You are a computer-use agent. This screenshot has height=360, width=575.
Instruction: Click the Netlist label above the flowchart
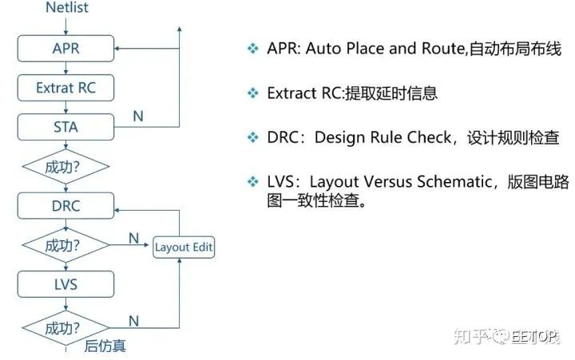pyautogui.click(x=67, y=7)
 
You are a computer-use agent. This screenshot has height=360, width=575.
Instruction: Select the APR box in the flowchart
pyautogui.click(x=66, y=49)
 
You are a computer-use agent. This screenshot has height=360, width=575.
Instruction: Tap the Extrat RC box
pyautogui.click(x=66, y=88)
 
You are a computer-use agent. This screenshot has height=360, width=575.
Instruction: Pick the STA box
pyautogui.click(x=66, y=127)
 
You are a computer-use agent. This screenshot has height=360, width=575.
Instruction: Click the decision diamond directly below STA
pyautogui.click(x=66, y=167)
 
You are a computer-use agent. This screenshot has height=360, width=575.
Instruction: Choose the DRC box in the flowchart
pyautogui.click(x=66, y=206)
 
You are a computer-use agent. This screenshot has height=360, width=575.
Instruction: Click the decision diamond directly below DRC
pyautogui.click(x=66, y=245)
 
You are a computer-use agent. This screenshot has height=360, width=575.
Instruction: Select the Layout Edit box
pyautogui.click(x=184, y=247)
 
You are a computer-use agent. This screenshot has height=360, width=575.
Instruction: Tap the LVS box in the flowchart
pyautogui.click(x=66, y=284)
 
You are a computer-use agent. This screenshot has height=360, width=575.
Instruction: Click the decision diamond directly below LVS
pyautogui.click(x=66, y=328)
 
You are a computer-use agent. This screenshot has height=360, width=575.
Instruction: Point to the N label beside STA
pyautogui.click(x=138, y=117)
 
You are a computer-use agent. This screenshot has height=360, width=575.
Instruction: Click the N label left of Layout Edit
pyautogui.click(x=134, y=239)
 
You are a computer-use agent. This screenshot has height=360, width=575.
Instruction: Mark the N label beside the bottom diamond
pyautogui.click(x=134, y=321)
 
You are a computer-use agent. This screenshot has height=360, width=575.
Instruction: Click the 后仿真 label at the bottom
pyautogui.click(x=105, y=346)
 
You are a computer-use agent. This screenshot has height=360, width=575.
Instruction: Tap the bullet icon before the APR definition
pyautogui.click(x=252, y=49)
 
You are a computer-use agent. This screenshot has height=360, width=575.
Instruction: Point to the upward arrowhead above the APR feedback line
pyautogui.click(x=180, y=30)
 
